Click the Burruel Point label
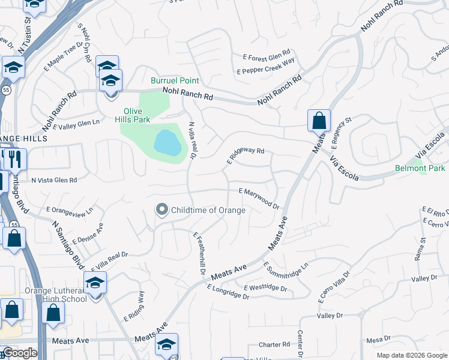click(175, 80)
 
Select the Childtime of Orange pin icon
click(161, 209)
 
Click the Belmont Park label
click(420, 169)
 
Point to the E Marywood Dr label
click(259, 198)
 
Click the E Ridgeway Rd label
click(246, 156)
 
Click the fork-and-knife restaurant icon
click(15, 159)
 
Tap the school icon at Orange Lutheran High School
click(95, 283)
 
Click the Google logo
click(19, 353)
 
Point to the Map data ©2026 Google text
click(411, 355)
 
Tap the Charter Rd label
click(274, 345)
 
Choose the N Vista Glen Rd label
click(54, 180)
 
